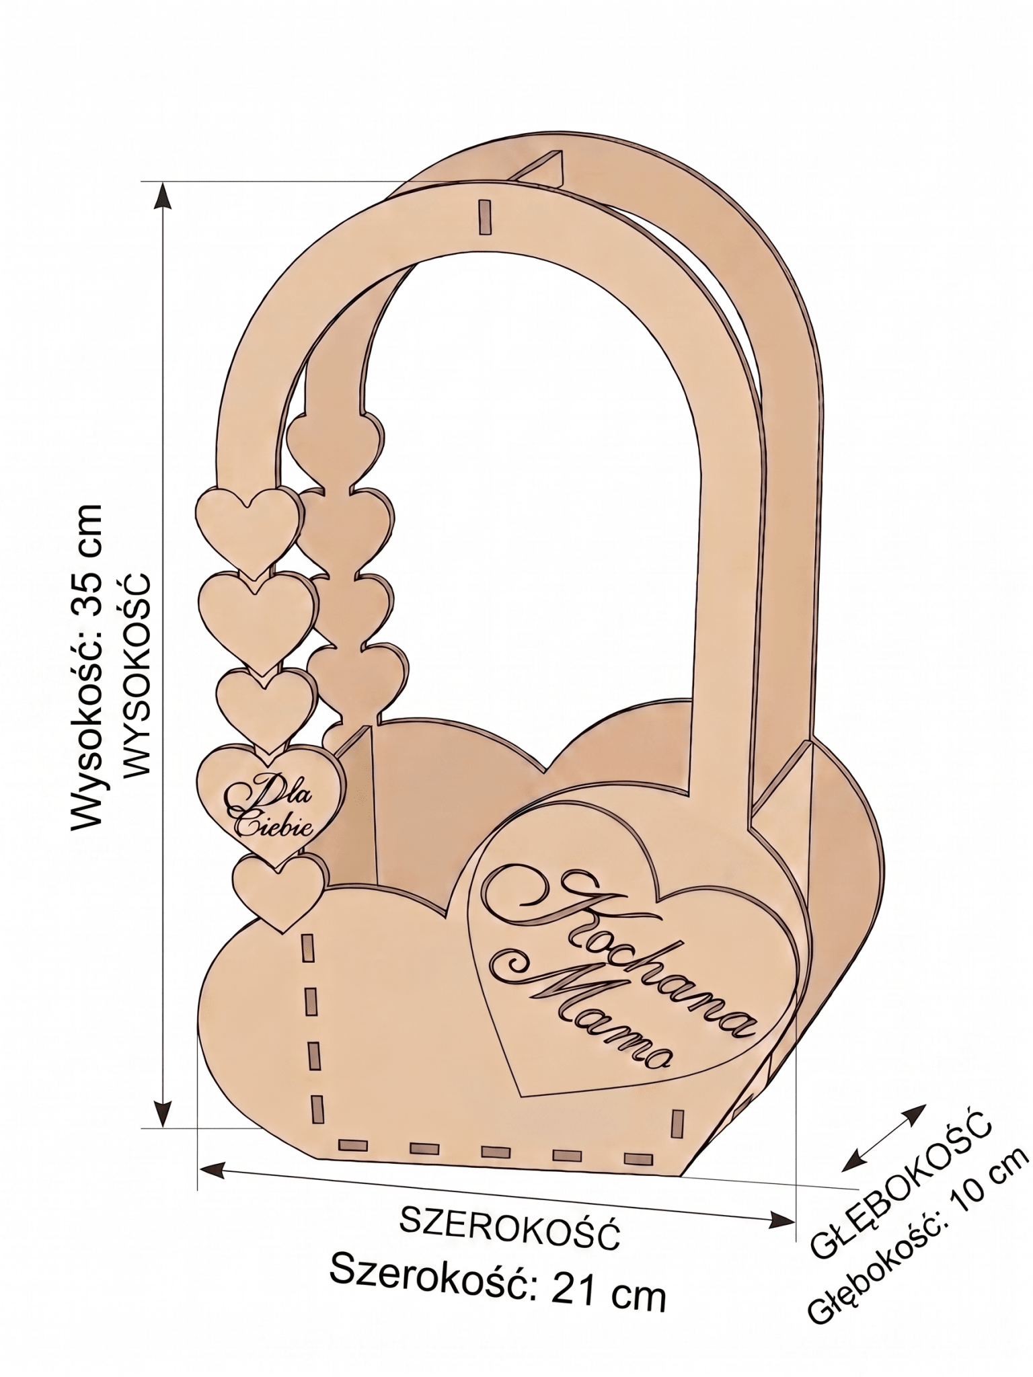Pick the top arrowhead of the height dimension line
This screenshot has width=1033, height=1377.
point(162,197)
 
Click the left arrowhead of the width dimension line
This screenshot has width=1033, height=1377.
point(213,924)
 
